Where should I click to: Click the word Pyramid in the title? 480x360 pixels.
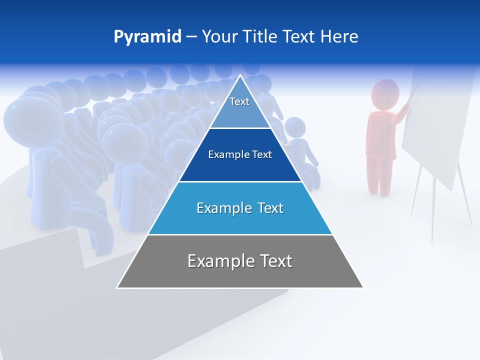pyautogui.click(x=147, y=37)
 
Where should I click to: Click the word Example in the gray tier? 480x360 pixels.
pyautogui.click(x=219, y=261)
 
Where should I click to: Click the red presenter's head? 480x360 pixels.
pyautogui.click(x=385, y=93)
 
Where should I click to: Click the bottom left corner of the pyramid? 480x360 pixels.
pyautogui.click(x=117, y=287)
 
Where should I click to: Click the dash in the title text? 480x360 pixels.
pyautogui.click(x=191, y=37)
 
